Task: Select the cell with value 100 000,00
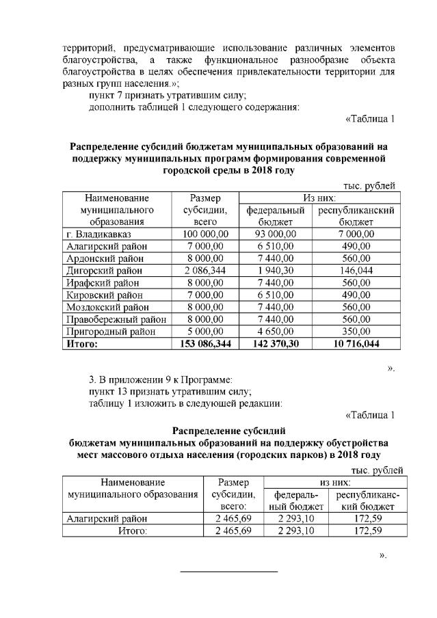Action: (x=204, y=234)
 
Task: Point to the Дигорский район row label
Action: (x=104, y=271)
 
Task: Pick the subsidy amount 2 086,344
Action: (x=204, y=271)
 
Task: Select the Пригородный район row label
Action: (x=109, y=332)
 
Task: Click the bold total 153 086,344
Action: (x=204, y=345)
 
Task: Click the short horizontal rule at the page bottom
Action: (x=228, y=571)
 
